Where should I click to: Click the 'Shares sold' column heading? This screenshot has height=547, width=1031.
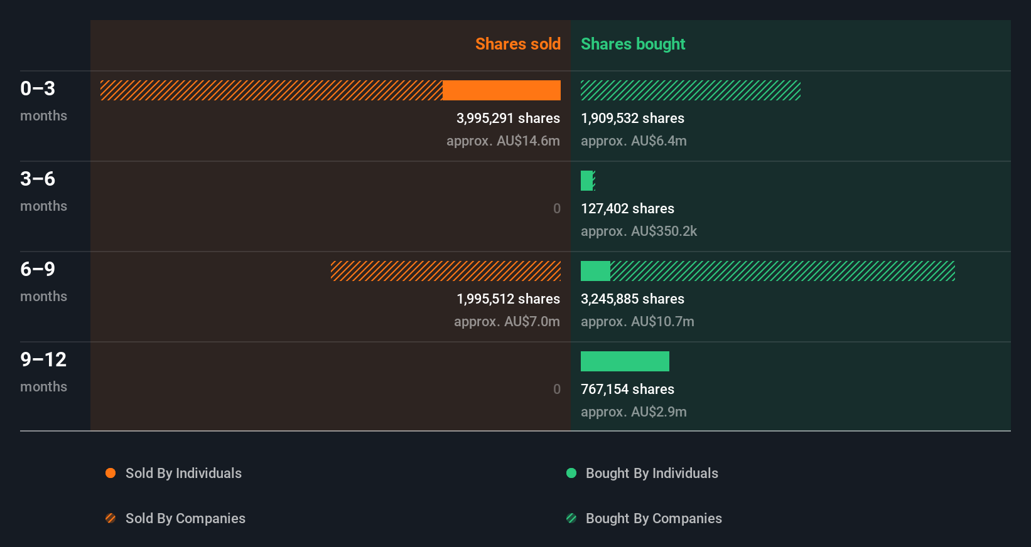click(x=517, y=44)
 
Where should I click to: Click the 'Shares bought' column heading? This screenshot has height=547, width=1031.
click(x=632, y=44)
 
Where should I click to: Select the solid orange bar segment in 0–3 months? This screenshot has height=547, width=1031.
click(x=501, y=90)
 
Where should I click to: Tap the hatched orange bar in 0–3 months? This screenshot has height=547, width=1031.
click(x=271, y=90)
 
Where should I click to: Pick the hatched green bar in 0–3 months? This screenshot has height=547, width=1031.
click(x=690, y=90)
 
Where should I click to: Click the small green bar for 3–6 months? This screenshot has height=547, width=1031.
click(x=586, y=181)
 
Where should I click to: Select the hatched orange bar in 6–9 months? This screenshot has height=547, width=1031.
click(x=445, y=271)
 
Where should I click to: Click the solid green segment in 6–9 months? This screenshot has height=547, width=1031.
click(x=595, y=271)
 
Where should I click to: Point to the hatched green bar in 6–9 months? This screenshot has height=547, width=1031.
click(x=782, y=271)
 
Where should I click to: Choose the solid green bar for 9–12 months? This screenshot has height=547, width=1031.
click(x=625, y=361)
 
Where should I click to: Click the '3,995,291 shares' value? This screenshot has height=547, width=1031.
click(x=508, y=118)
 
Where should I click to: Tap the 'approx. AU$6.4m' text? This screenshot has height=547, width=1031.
click(x=634, y=141)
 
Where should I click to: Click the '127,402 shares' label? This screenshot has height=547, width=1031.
click(x=627, y=208)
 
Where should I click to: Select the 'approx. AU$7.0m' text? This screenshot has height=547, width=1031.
click(x=507, y=321)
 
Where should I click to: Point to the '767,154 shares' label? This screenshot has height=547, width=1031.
click(x=627, y=389)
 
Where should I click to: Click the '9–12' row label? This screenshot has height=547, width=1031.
click(x=43, y=359)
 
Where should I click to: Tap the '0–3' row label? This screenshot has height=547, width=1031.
click(x=38, y=88)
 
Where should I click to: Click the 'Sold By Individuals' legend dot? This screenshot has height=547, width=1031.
click(x=111, y=473)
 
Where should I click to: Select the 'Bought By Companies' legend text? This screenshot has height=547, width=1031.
click(x=654, y=518)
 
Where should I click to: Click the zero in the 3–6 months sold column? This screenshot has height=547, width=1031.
click(x=556, y=208)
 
